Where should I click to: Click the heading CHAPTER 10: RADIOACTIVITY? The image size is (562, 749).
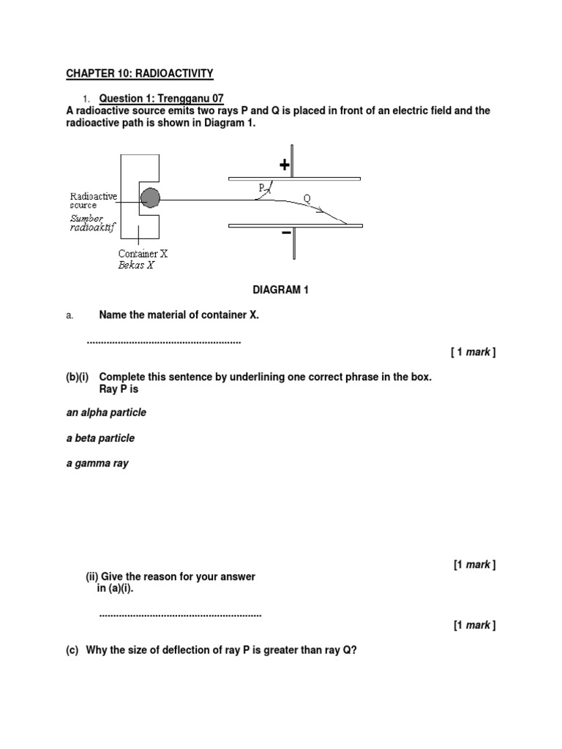tap(139, 73)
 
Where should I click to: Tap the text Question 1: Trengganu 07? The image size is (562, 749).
tap(161, 98)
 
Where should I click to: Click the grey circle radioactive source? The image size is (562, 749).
tap(150, 198)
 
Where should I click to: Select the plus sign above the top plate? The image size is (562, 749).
tap(284, 166)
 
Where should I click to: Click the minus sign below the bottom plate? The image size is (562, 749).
tap(287, 233)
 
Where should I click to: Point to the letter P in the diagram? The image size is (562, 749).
tap(261, 188)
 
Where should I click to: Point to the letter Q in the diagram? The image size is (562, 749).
tap(307, 198)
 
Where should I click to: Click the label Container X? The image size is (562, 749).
tap(143, 255)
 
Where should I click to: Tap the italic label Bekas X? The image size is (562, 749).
tap(136, 266)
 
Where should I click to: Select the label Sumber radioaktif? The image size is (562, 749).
tap(93, 222)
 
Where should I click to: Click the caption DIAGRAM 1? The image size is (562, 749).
tap(281, 290)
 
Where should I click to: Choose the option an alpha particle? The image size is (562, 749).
tap(106, 413)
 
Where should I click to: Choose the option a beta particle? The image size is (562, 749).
tap(100, 438)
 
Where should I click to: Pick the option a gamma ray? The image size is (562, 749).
tap(97, 464)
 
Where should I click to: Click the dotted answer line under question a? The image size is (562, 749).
tap(164, 342)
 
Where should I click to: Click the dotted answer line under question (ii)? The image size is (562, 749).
tap(180, 615)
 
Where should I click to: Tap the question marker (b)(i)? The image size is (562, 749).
tap(79, 377)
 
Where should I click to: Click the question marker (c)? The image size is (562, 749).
tap(72, 650)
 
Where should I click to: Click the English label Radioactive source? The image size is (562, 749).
tap(93, 200)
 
